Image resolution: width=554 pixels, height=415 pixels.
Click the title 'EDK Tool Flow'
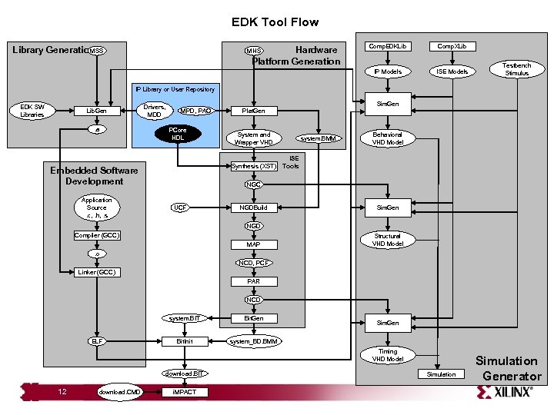275,22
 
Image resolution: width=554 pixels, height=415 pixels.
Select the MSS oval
96,51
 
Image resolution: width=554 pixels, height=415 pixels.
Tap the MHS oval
254,51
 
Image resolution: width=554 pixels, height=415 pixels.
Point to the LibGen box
96,111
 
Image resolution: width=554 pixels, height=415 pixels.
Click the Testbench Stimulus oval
516,69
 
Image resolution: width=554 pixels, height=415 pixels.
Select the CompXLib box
452,46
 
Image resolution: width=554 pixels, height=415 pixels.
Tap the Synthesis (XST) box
254,165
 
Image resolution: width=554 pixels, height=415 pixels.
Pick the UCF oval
179,207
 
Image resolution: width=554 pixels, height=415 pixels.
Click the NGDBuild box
253,207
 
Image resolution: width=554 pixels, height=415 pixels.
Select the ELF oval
96,340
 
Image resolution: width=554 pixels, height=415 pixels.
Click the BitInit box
185,340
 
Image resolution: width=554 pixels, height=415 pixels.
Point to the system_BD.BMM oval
255,340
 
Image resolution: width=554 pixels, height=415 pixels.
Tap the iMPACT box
185,392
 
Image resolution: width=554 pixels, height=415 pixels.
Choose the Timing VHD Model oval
387,355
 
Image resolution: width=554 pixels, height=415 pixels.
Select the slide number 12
62,392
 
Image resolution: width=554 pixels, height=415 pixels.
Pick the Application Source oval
96,207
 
